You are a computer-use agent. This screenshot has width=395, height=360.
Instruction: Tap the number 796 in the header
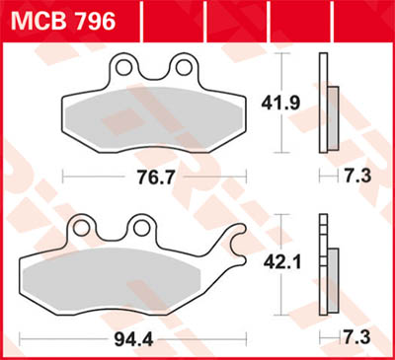93,19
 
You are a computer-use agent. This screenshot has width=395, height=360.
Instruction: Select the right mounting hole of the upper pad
181,68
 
